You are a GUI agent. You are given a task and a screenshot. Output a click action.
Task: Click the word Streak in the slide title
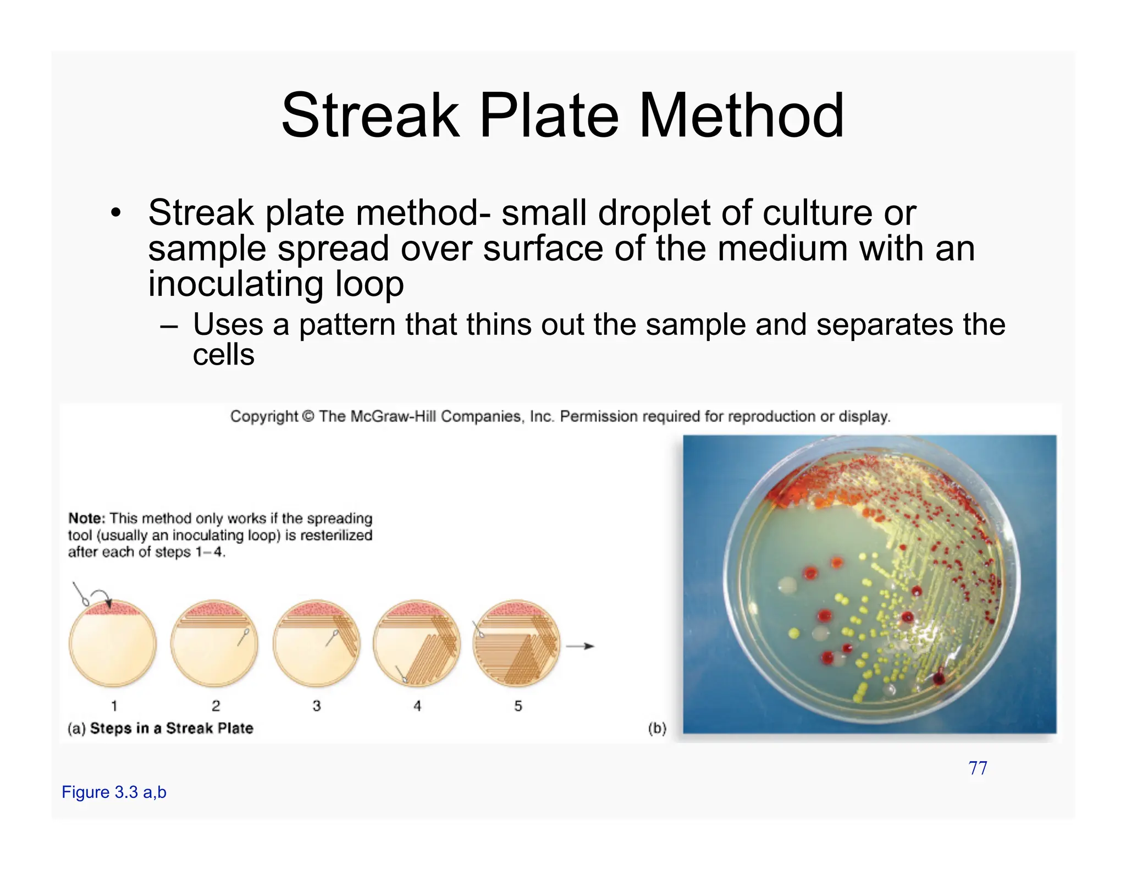370,117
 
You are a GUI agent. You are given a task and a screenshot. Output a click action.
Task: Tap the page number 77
978,768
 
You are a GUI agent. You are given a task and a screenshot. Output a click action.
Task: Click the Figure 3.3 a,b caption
114,792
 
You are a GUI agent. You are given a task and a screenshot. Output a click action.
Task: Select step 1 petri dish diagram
113,643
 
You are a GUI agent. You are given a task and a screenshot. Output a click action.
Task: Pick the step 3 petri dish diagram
316,643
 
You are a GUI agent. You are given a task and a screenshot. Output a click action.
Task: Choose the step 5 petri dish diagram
516,643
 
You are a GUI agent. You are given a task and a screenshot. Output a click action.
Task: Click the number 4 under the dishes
417,706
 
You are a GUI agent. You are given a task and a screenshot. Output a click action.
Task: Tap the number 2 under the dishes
216,706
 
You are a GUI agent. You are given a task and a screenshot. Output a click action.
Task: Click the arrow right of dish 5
581,646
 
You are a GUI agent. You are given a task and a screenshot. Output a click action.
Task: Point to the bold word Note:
86,519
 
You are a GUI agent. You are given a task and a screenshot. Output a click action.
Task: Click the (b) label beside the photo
657,729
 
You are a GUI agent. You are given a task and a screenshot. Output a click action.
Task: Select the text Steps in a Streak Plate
172,729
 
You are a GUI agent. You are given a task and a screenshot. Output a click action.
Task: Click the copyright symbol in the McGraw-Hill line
308,417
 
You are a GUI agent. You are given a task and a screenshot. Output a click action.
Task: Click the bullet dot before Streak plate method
115,214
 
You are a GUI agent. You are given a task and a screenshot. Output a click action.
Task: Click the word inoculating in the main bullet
235,284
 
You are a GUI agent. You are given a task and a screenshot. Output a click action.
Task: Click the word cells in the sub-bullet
223,355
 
